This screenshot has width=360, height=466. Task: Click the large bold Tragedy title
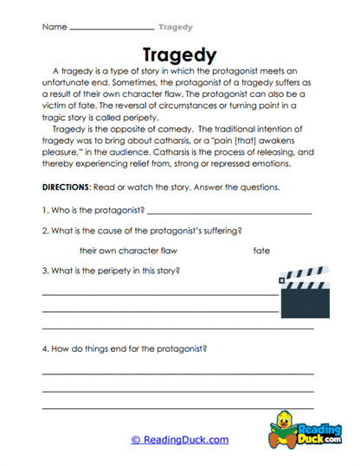pyautogui.click(x=179, y=54)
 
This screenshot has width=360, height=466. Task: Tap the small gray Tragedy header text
pyautogui.click(x=176, y=27)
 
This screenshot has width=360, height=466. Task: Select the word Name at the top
pyautogui.click(x=54, y=27)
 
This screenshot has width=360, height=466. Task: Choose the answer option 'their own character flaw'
pyautogui.click(x=128, y=251)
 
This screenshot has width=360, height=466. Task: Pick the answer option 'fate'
pyautogui.click(x=261, y=251)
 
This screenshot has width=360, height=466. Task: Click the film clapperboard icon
pyautogui.click(x=304, y=294)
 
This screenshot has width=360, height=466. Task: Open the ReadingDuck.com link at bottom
pyautogui.click(x=180, y=440)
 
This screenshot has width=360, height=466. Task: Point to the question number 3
pyautogui.click(x=44, y=271)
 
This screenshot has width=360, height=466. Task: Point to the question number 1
pyautogui.click(x=44, y=209)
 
